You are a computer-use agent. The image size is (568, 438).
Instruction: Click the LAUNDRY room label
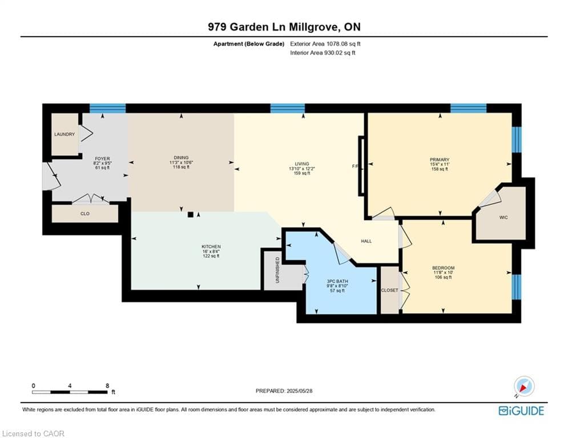[65, 134]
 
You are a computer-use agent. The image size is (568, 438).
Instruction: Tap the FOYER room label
[102, 159]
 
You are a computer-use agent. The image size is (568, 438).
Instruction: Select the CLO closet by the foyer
[84, 213]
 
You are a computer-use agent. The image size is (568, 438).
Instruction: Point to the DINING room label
[181, 157]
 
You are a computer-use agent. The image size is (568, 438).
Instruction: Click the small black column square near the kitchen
[191, 214]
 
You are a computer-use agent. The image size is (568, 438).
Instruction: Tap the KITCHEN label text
[211, 246]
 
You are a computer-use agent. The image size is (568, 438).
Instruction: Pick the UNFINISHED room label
[278, 270]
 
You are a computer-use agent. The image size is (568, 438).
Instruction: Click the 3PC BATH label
[337, 281]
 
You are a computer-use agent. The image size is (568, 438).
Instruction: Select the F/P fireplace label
[355, 166]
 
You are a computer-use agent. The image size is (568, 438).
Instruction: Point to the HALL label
[366, 241]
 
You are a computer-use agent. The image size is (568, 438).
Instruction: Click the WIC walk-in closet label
[503, 217]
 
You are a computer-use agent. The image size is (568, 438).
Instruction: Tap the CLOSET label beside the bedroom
[389, 290]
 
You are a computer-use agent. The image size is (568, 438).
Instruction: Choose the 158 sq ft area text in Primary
[440, 169]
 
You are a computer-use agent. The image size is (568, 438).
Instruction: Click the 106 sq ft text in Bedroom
[443, 277]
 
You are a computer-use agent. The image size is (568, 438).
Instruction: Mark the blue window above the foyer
[107, 108]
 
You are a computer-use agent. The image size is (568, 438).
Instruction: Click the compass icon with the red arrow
[524, 387]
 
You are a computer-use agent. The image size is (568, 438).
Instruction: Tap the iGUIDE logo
[521, 411]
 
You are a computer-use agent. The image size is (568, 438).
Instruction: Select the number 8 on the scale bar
[107, 386]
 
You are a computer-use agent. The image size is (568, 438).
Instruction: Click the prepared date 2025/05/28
[300, 391]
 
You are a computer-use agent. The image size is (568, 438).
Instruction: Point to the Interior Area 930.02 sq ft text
[323, 53]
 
